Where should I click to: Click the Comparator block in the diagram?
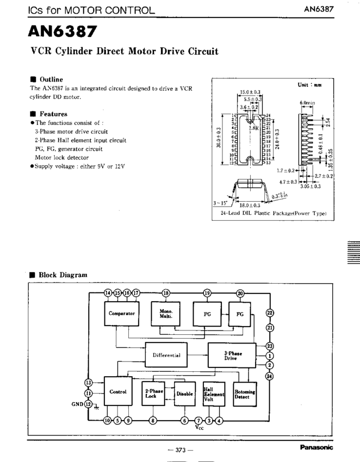point(121,314)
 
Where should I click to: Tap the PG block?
point(207,314)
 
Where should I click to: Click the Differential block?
point(166,355)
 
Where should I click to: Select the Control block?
point(118,391)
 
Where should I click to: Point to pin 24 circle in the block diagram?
point(270,376)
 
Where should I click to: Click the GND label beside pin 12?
point(78,404)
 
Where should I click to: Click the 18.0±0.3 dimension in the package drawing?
point(250,205)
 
